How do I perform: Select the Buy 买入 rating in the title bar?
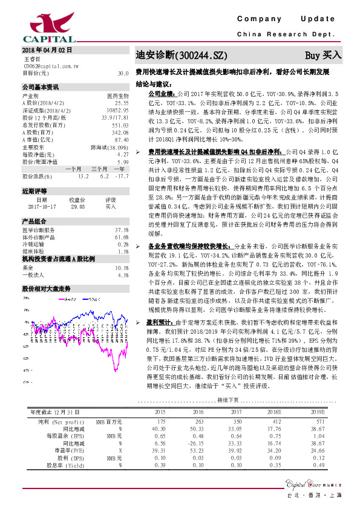pyautogui.click(x=323, y=54)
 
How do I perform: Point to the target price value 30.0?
pyautogui.click(x=123, y=73)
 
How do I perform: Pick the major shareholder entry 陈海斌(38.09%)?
pyautogui.click(x=110, y=147)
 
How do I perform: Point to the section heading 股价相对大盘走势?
pyautogui.click(x=46, y=272)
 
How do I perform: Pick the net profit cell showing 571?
pyautogui.click(x=318, y=420)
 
